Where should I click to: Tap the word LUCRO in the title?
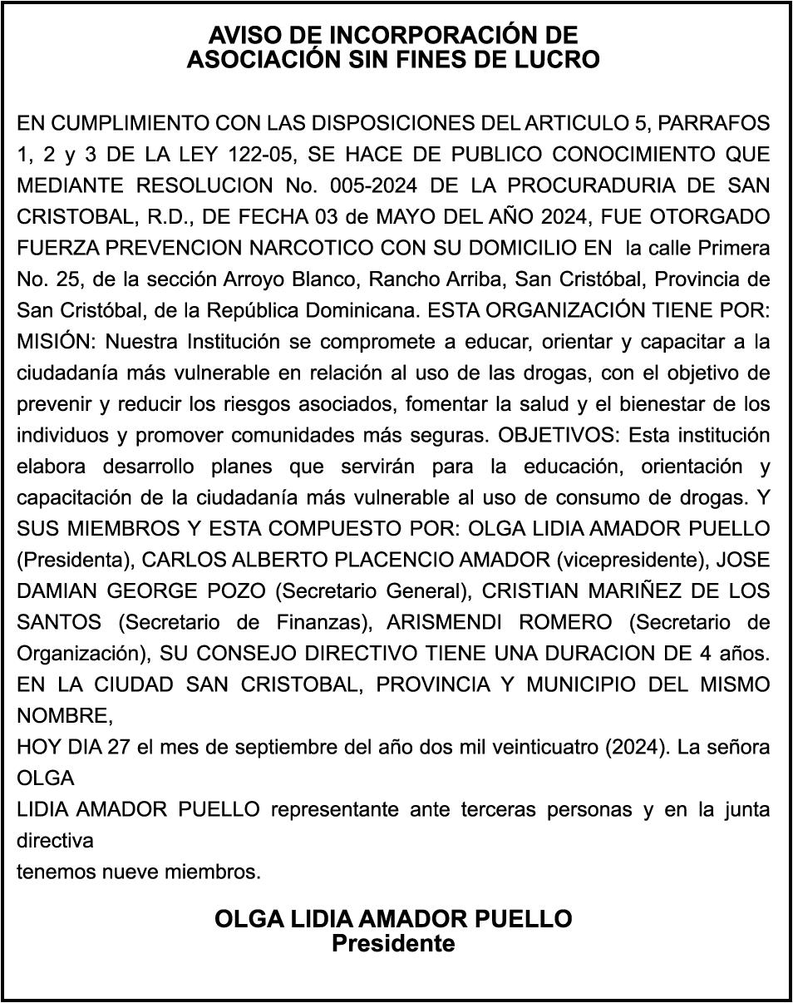559,60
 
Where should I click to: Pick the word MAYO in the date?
412,216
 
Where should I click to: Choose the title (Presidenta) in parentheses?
71,560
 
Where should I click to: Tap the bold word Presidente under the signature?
393,944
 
